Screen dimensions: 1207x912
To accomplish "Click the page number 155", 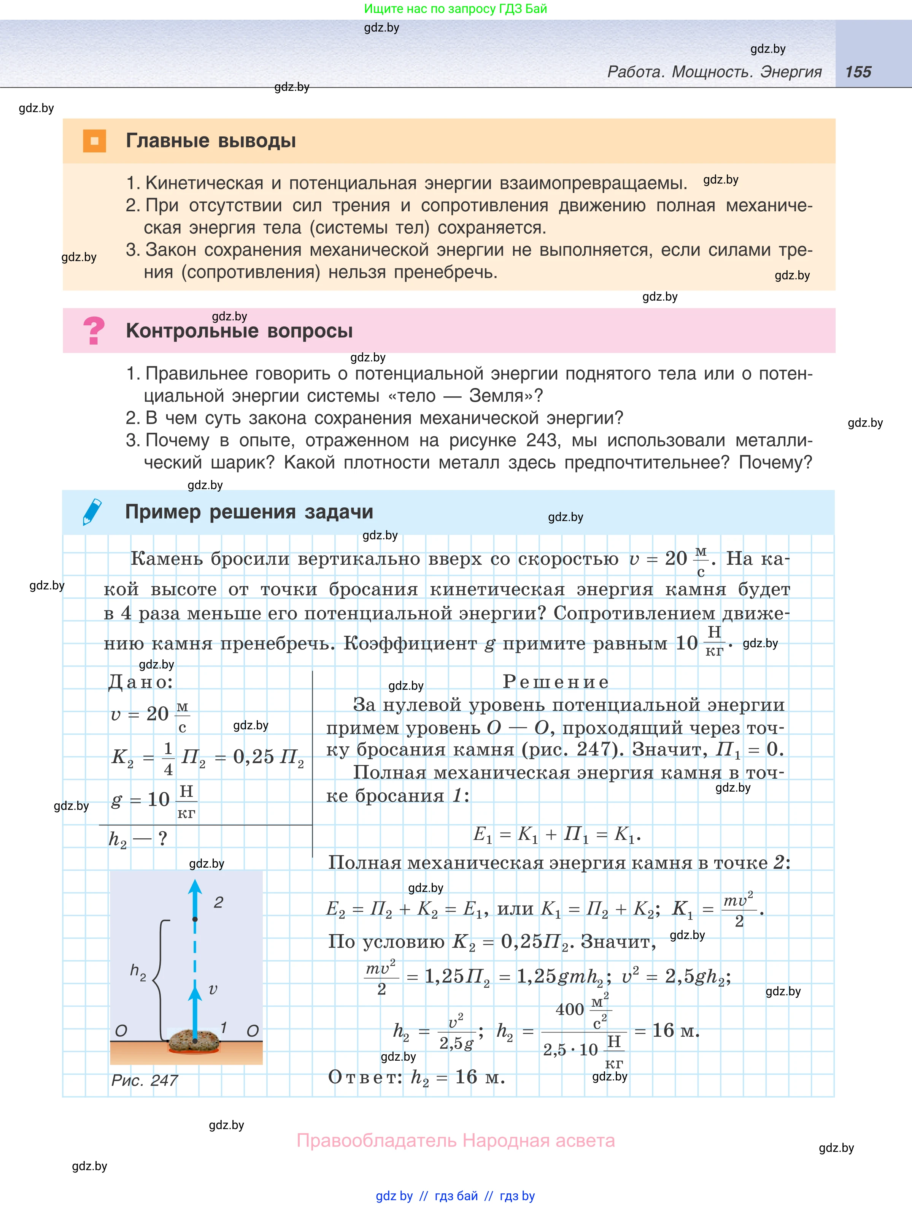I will pyautogui.click(x=858, y=72).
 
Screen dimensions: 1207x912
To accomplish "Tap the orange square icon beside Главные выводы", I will pyautogui.click(x=94, y=141).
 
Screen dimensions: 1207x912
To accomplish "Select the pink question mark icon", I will pyautogui.click(x=94, y=331).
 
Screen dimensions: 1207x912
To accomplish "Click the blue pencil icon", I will pyautogui.click(x=92, y=511).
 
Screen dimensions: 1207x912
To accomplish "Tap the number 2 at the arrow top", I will pyautogui.click(x=218, y=903).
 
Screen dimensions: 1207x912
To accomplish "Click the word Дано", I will pyautogui.click(x=140, y=682).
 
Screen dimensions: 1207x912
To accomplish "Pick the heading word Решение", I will pyautogui.click(x=555, y=682).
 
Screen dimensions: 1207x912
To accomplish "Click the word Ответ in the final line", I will pyautogui.click(x=365, y=1077).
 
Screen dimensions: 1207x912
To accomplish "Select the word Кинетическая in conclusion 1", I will pyautogui.click(x=205, y=183).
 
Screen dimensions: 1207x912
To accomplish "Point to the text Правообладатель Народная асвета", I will pyautogui.click(x=456, y=1140).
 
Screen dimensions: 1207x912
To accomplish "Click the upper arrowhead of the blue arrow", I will pyautogui.click(x=195, y=887).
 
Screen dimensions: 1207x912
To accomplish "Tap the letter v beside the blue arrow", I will pyautogui.click(x=213, y=989).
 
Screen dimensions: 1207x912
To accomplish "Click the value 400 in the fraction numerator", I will pyautogui.click(x=570, y=1009).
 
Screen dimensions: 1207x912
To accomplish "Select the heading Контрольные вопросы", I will pyautogui.click(x=239, y=331).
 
